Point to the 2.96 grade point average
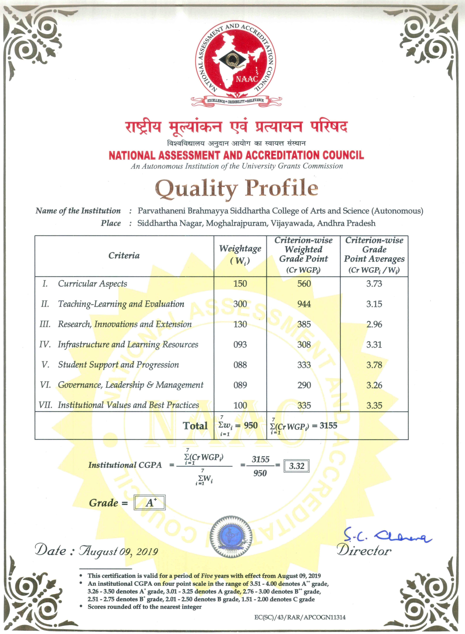374,324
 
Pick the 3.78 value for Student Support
374,365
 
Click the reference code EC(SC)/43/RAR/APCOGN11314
300,617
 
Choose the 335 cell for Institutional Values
304,405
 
